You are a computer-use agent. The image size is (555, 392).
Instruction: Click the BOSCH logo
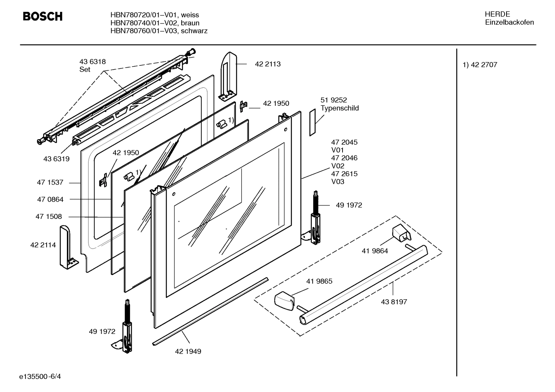click(x=42, y=17)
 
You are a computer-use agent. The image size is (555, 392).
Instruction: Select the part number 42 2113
click(x=267, y=64)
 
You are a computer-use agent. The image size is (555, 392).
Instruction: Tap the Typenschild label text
click(x=339, y=108)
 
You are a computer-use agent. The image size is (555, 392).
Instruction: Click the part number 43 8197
click(x=394, y=302)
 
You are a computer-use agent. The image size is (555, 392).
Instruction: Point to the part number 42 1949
click(x=188, y=352)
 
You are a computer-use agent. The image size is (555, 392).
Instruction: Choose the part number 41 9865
click(x=319, y=281)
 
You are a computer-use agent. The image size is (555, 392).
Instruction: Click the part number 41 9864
click(x=375, y=251)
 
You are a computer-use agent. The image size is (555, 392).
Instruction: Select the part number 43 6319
click(x=57, y=159)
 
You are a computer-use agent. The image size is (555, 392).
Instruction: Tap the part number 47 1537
click(x=50, y=183)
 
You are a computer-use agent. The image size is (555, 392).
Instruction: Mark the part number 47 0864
click(x=50, y=199)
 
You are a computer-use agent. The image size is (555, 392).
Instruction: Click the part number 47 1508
click(x=49, y=217)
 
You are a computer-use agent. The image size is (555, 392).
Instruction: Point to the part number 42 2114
click(x=43, y=245)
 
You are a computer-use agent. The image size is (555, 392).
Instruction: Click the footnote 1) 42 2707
click(x=480, y=65)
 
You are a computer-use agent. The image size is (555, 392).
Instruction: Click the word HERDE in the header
click(x=497, y=14)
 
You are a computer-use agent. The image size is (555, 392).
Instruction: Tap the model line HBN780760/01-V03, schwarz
click(x=159, y=31)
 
